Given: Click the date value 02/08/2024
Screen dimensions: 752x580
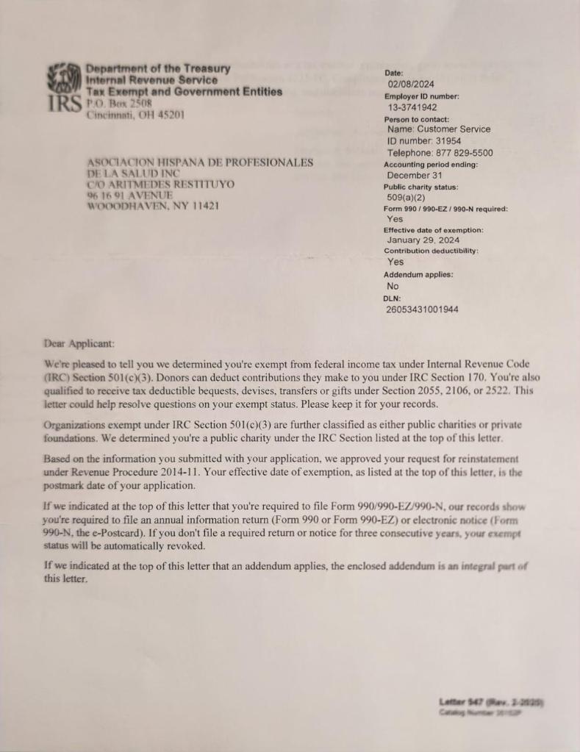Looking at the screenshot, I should (410, 85).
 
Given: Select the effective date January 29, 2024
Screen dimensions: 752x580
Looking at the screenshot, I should (423, 240).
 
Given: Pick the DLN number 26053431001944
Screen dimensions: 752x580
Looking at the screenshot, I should (422, 309).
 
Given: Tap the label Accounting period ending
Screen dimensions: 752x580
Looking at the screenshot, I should (431, 165).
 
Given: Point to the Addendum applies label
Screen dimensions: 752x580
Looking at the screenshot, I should (418, 274).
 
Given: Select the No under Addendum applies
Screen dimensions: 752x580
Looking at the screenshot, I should (393, 286).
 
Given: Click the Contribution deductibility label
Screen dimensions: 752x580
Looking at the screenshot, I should (431, 251).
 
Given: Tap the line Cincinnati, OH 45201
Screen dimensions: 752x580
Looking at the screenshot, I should (135, 115).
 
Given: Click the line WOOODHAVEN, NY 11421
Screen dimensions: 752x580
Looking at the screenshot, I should (153, 207).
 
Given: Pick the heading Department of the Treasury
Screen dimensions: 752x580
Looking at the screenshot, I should (158, 68).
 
